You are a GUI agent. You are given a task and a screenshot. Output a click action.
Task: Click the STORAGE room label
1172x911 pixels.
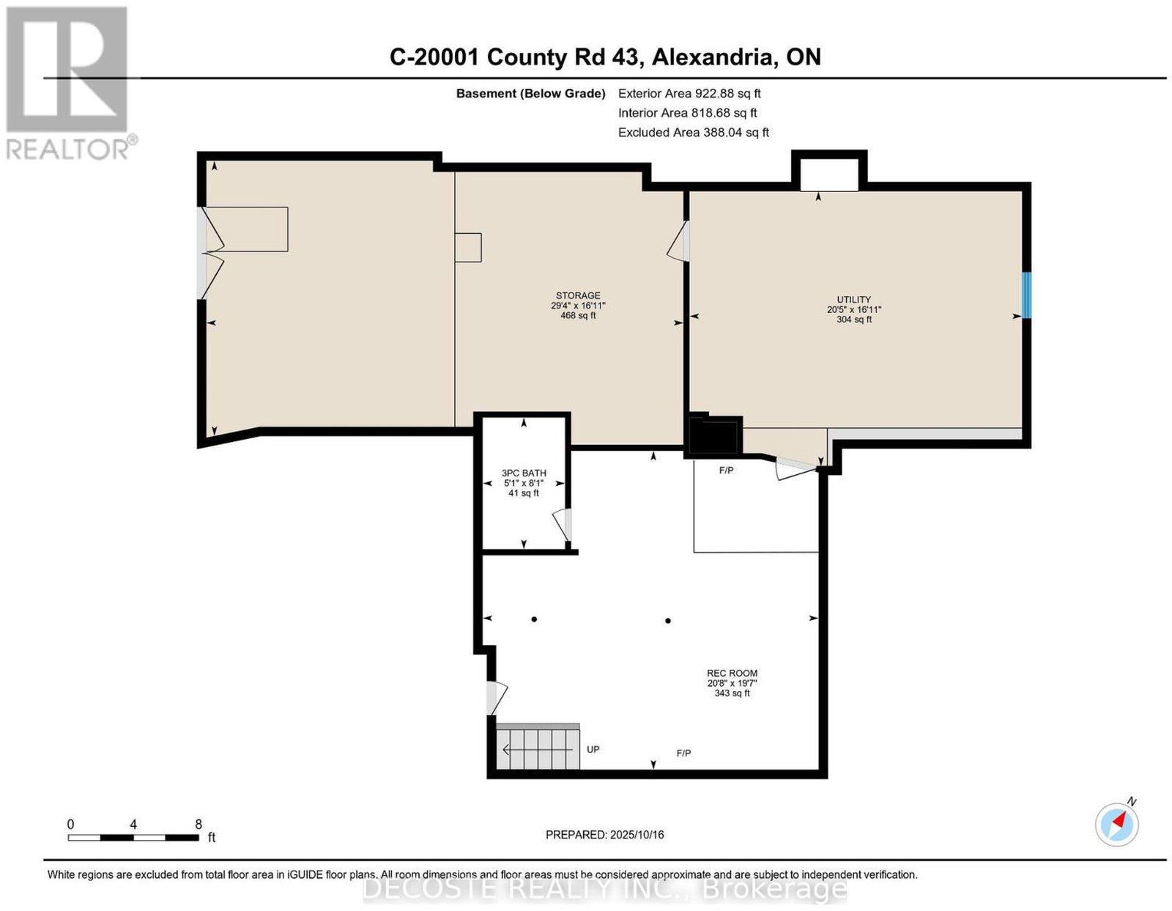pyautogui.click(x=578, y=295)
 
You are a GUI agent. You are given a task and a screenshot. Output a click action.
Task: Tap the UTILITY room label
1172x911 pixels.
pyautogui.click(x=853, y=299)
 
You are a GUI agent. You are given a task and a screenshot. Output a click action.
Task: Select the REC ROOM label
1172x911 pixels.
pyautogui.click(x=732, y=673)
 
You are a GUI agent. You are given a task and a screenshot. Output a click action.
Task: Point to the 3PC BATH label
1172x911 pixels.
pyautogui.click(x=524, y=473)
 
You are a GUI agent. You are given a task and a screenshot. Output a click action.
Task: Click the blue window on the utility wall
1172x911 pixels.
pyautogui.click(x=1027, y=295)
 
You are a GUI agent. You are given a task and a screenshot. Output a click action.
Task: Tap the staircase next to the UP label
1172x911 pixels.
pyautogui.click(x=538, y=747)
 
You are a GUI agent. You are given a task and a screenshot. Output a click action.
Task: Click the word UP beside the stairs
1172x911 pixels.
pyautogui.click(x=593, y=749)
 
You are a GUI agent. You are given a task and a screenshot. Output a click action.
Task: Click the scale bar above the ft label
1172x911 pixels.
pyautogui.click(x=133, y=838)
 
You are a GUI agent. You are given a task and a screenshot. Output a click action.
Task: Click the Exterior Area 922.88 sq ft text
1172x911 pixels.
pyautogui.click(x=689, y=93)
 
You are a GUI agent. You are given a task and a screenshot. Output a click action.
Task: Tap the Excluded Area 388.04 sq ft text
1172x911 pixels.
pyautogui.click(x=694, y=132)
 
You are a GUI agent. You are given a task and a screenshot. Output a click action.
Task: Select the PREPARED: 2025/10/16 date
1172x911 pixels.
pyautogui.click(x=604, y=834)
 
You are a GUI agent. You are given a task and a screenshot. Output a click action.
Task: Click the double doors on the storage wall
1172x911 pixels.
pyautogui.click(x=212, y=253)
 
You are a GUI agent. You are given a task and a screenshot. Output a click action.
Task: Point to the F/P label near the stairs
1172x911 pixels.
pyautogui.click(x=683, y=753)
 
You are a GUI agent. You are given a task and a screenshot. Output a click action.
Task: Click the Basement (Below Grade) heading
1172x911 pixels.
pyautogui.click(x=531, y=93)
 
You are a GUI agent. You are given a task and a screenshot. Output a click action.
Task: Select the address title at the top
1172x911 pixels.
pyautogui.click(x=605, y=57)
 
